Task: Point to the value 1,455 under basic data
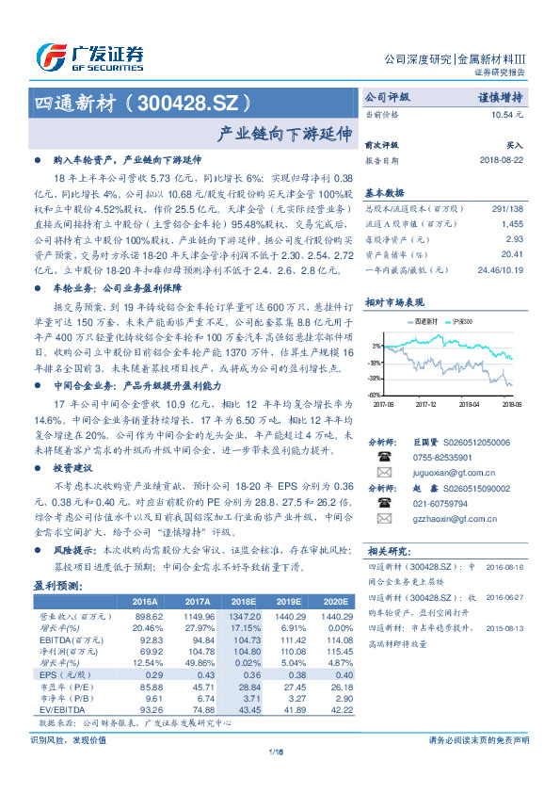(511, 224)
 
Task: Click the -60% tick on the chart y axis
(376, 395)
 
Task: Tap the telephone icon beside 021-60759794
(384, 505)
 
